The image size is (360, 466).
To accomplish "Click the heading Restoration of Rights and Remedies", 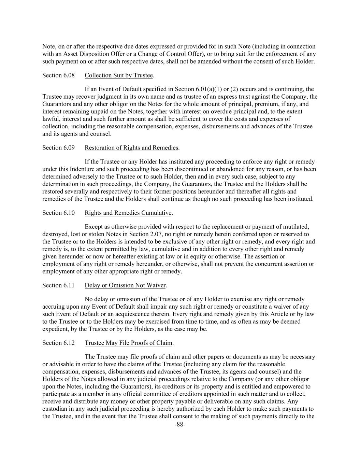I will (x=131, y=147).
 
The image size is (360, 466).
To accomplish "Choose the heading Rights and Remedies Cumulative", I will (x=128, y=213).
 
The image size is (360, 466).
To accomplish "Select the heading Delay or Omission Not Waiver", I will (x=125, y=285).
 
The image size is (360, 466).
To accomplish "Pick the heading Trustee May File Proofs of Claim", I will (x=129, y=343).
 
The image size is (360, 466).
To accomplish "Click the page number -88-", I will (x=180, y=425).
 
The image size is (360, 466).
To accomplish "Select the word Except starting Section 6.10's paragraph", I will (x=94, y=227).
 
